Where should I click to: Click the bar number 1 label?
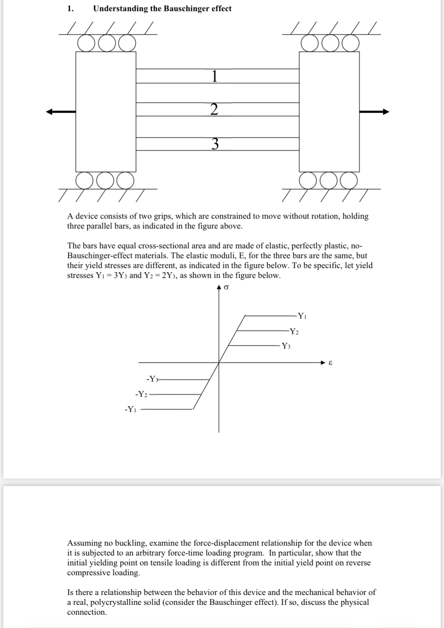coord(214,76)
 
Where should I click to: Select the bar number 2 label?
coord(214,110)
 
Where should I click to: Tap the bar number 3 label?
coord(215,144)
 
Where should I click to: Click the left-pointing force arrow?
coord(60,112)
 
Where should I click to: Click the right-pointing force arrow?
coord(374,112)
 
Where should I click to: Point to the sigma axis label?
coord(226,288)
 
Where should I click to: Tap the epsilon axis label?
coord(330,363)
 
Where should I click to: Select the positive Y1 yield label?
coord(302,316)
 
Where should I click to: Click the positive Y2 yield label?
coord(294,331)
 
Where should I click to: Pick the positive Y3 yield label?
coord(286,346)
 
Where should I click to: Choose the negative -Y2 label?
coord(141,394)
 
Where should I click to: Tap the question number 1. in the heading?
coord(70,9)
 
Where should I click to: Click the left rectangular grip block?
coord(106,112)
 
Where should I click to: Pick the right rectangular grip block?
coord(329,112)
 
